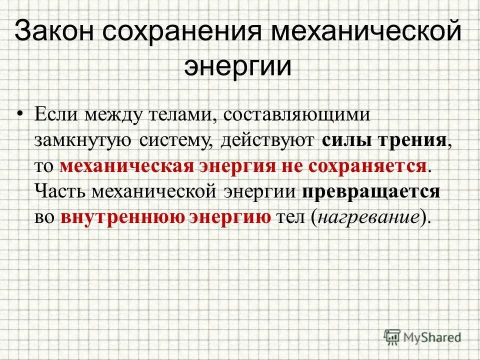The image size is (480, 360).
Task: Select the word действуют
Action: [266, 140]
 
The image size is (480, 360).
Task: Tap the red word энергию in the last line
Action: [231, 217]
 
